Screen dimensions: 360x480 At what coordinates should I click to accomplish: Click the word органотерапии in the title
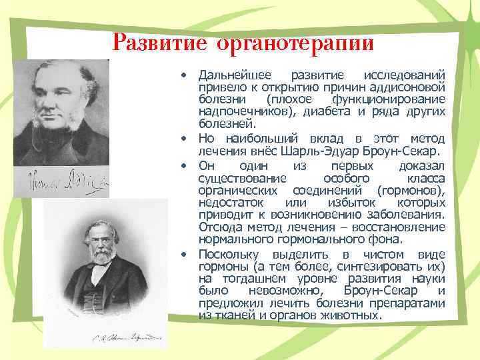293,44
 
